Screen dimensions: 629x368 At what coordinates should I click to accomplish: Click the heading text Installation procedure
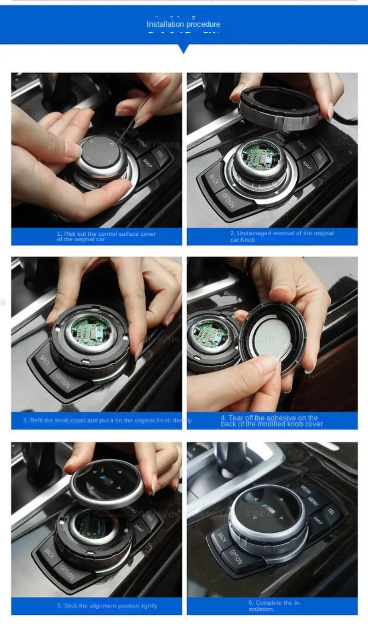183,24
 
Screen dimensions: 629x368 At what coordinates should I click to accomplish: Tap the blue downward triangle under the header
184,48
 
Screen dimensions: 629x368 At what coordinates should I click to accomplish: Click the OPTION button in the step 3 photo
63,380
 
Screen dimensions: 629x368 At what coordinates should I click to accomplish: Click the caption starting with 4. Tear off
271,420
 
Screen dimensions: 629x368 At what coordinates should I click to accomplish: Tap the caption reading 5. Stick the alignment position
107,606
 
